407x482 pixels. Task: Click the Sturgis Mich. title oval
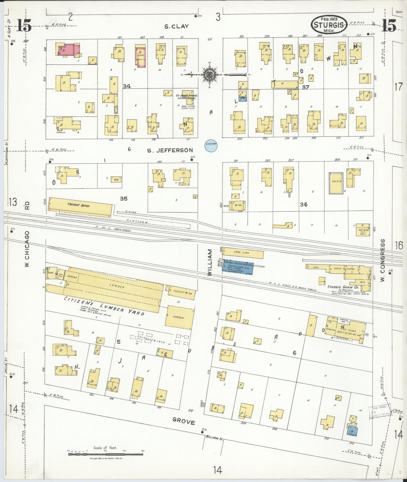click(x=329, y=25)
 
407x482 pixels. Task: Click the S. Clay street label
click(x=177, y=26)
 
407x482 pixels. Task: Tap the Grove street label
click(x=184, y=422)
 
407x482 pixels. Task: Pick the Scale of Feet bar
click(x=105, y=452)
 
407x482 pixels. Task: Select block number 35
click(x=124, y=199)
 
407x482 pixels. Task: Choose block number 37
click(x=306, y=87)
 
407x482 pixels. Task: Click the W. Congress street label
click(x=382, y=256)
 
